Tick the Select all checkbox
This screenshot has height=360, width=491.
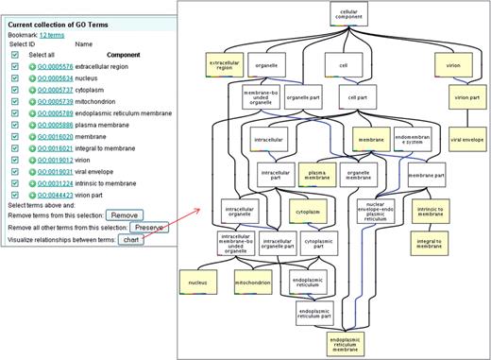16,55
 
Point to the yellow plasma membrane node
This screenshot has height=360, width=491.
316,174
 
